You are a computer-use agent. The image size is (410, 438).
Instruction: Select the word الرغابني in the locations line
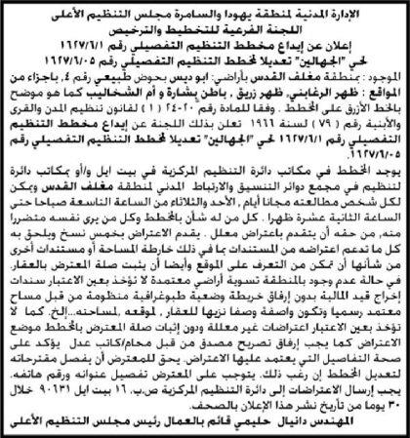coord(307,99)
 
